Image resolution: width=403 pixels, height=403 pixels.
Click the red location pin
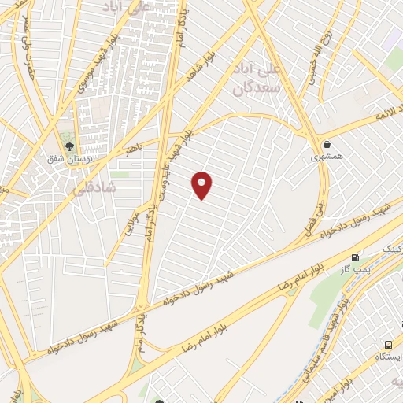[202, 185]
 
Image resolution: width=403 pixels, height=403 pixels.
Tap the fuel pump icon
[356, 257]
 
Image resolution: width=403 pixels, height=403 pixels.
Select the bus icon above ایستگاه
[388, 345]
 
